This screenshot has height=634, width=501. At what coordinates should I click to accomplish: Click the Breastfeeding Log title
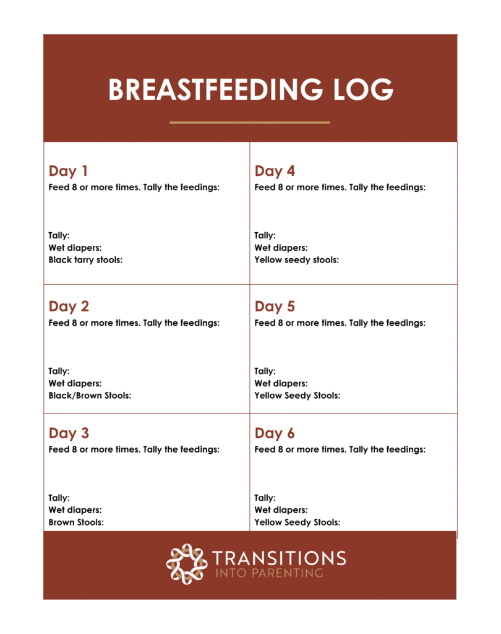coord(250,90)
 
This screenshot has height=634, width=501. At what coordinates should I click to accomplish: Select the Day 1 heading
coord(68,172)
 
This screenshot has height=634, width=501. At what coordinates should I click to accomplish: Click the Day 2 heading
coord(69,306)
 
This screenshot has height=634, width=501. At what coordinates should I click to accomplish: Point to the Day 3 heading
coord(69,433)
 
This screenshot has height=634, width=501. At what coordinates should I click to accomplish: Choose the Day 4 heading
coord(275,172)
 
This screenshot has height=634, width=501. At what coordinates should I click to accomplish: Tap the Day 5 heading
coord(275,306)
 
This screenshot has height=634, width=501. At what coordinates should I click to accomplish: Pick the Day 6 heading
coord(275,433)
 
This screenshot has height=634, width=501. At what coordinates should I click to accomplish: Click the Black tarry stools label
coord(85,260)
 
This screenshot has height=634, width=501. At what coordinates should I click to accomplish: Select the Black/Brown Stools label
coord(90,396)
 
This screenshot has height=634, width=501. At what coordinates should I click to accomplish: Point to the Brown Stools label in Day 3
coord(76,523)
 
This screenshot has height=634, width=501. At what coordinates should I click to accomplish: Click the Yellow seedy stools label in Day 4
coord(296,260)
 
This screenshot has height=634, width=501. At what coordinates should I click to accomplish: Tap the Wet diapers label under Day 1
coord(75,248)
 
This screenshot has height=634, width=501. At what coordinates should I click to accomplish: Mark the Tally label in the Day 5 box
coord(265,371)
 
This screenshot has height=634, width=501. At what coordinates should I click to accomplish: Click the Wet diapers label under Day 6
coord(281,510)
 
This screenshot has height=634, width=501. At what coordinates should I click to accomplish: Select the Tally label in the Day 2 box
coord(59,371)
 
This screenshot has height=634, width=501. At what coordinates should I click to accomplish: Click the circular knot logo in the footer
coord(186,563)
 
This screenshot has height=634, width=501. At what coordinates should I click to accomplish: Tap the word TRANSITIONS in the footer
coord(279,558)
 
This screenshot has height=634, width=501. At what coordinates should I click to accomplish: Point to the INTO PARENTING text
coord(269,573)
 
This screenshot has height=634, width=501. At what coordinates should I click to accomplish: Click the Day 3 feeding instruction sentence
coord(134,449)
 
